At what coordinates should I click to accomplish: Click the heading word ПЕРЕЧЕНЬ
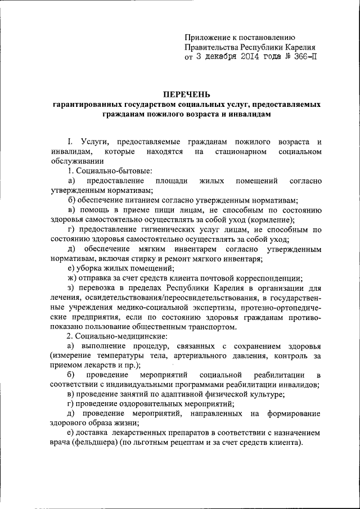pos(186,93)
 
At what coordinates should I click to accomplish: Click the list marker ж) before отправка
pos(72,278)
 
